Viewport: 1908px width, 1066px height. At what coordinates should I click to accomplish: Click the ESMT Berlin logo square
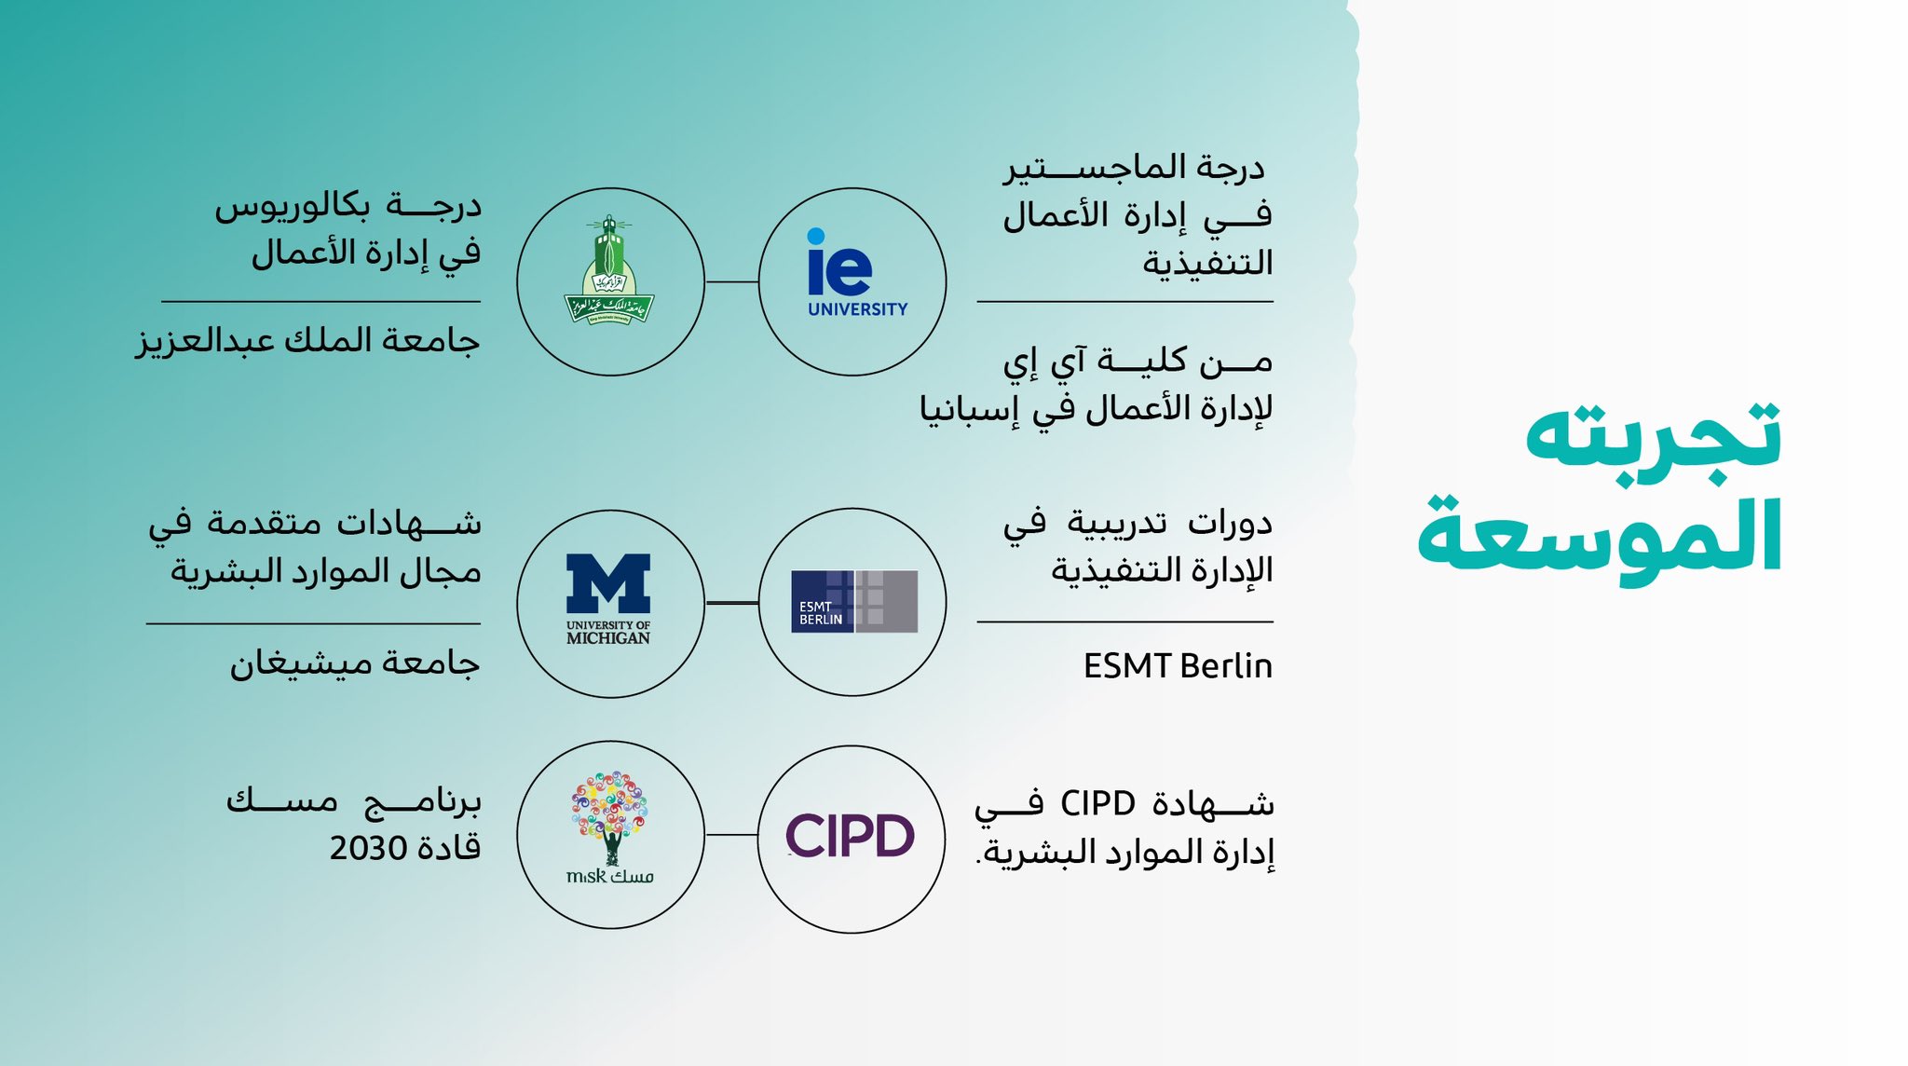[854, 602]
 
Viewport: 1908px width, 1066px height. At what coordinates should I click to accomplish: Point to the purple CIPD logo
[851, 835]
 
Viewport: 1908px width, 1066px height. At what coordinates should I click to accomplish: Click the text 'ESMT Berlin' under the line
[1178, 666]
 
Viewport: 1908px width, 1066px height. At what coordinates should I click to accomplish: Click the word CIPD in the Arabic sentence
[1097, 803]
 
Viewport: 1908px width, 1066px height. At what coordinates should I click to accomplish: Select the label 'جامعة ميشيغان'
[355, 663]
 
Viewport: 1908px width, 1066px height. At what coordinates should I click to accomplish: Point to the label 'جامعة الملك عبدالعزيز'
[307, 340]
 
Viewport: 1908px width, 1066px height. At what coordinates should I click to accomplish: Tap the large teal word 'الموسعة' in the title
[1600, 536]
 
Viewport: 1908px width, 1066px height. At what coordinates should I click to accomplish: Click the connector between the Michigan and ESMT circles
[732, 603]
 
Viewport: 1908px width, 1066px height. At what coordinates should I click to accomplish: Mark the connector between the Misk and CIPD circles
[732, 835]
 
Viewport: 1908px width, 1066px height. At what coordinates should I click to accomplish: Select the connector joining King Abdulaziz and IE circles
[732, 281]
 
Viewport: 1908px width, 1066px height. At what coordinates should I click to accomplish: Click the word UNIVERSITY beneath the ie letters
[858, 309]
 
